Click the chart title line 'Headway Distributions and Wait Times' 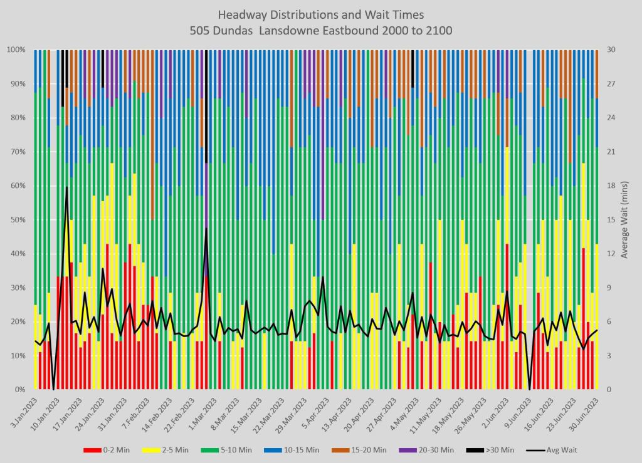point(320,14)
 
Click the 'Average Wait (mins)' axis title point(625,219)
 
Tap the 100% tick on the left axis point(15,49)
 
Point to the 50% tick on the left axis point(17,220)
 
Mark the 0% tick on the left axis point(19,390)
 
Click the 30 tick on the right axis point(609,49)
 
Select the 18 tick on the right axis point(609,186)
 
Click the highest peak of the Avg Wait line point(66,187)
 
